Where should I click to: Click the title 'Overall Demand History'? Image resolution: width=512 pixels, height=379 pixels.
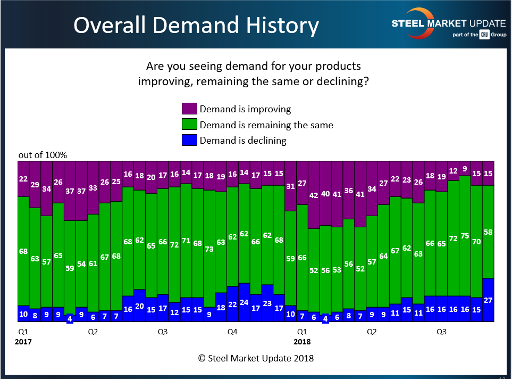click(x=196, y=25)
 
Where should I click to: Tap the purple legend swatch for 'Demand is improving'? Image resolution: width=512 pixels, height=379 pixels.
click(x=189, y=109)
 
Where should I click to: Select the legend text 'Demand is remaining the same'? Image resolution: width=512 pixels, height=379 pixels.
click(x=266, y=125)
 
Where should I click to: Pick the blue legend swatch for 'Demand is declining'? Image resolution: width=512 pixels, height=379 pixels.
click(x=189, y=141)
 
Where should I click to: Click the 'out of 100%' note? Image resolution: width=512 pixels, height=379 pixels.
click(x=43, y=155)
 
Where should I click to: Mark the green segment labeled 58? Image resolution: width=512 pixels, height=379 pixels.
click(x=488, y=232)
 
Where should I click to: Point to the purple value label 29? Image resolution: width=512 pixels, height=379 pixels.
click(x=35, y=184)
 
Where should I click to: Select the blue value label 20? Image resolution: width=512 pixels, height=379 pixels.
click(x=139, y=306)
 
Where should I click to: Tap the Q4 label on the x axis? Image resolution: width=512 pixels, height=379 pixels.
click(x=232, y=332)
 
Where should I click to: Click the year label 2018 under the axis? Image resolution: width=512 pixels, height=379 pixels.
click(x=302, y=342)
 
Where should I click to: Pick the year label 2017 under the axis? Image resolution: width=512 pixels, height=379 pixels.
click(x=23, y=342)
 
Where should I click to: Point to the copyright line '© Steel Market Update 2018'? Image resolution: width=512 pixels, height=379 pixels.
click(x=256, y=358)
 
